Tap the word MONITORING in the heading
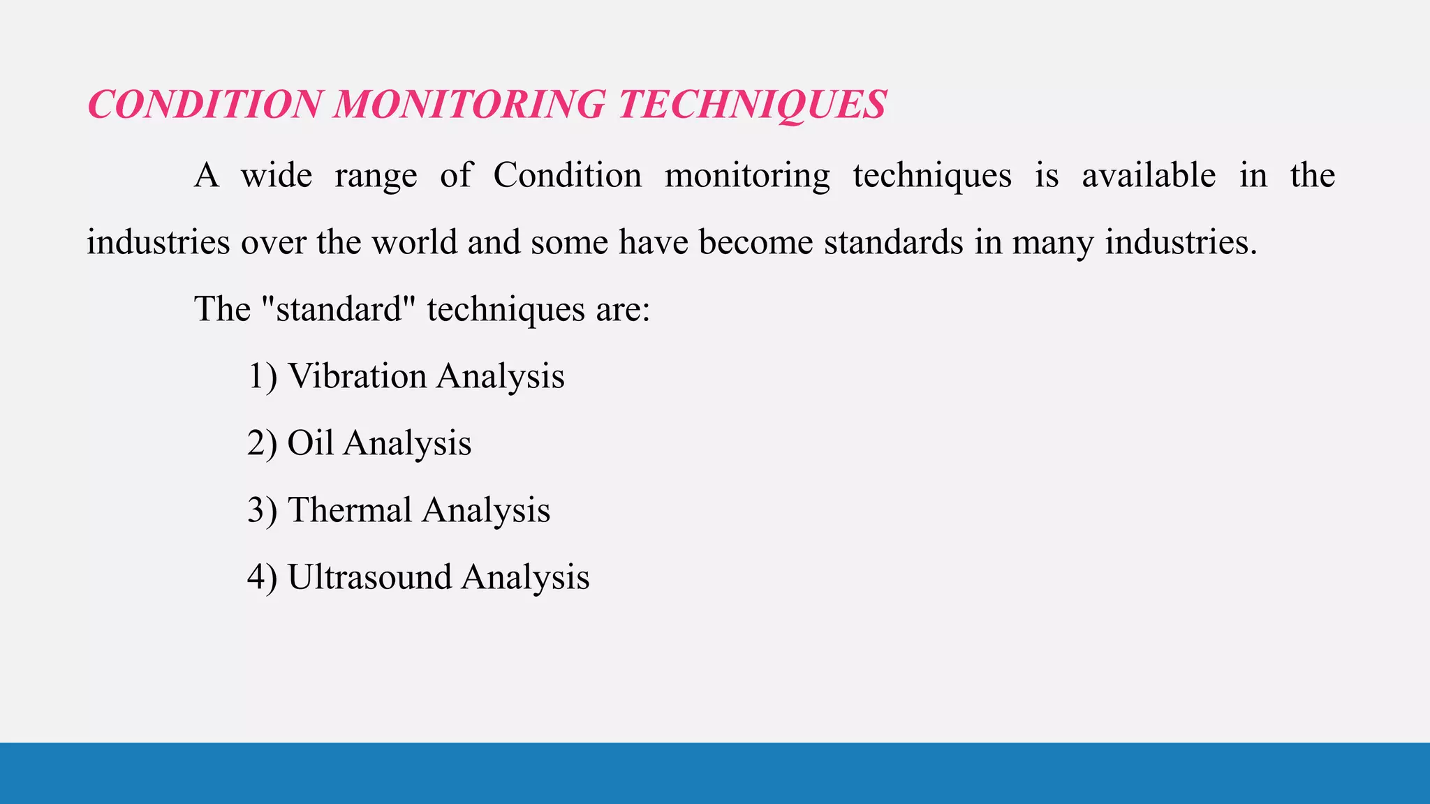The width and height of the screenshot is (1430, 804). pyautogui.click(x=469, y=105)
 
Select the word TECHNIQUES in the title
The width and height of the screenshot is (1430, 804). pyautogui.click(x=752, y=105)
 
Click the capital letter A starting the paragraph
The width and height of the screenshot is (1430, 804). pyautogui.click(x=206, y=175)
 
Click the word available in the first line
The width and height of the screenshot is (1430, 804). pyautogui.click(x=1149, y=175)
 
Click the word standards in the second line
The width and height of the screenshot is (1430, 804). pyautogui.click(x=893, y=242)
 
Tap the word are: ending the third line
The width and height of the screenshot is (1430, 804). pyautogui.click(x=623, y=309)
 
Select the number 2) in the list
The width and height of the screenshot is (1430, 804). pyautogui.click(x=262, y=443)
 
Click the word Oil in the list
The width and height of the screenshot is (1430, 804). pyautogui.click(x=310, y=443)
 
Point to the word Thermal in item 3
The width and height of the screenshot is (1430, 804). pyautogui.click(x=350, y=510)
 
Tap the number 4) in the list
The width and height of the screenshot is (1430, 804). pyautogui.click(x=262, y=577)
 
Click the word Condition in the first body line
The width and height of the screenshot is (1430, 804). pyautogui.click(x=567, y=175)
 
